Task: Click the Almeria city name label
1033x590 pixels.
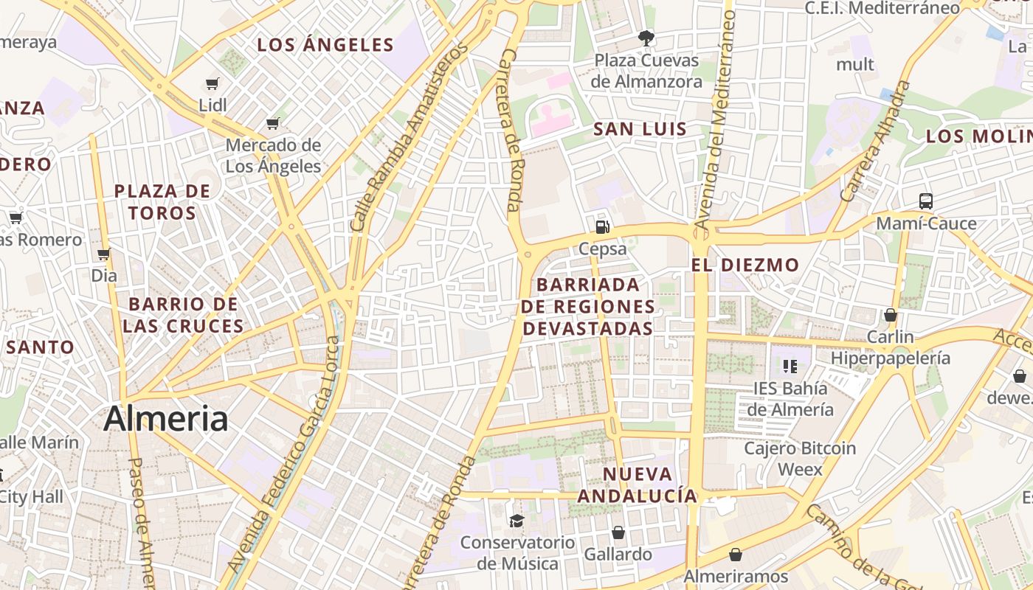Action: [165, 419]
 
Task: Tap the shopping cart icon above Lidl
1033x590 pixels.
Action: [213, 84]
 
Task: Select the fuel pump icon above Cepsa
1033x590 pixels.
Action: [603, 226]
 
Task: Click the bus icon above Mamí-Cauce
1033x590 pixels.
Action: [925, 201]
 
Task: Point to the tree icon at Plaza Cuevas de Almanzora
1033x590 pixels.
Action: [646, 38]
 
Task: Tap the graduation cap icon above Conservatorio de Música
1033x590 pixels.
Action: [516, 521]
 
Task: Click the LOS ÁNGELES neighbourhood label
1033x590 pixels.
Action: [325, 45]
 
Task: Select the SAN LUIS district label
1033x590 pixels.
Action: [640, 129]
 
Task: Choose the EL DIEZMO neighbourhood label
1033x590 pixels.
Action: [745, 265]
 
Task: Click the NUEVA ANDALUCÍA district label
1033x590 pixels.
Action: [638, 485]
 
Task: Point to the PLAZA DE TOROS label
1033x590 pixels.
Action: [162, 202]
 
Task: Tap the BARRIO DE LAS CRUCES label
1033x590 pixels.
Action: [184, 315]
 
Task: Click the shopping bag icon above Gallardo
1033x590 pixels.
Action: [618, 532]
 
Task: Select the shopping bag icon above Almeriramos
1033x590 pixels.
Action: [736, 555]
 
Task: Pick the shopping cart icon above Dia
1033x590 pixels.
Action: [104, 254]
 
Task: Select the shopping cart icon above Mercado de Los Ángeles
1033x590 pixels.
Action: [273, 123]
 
